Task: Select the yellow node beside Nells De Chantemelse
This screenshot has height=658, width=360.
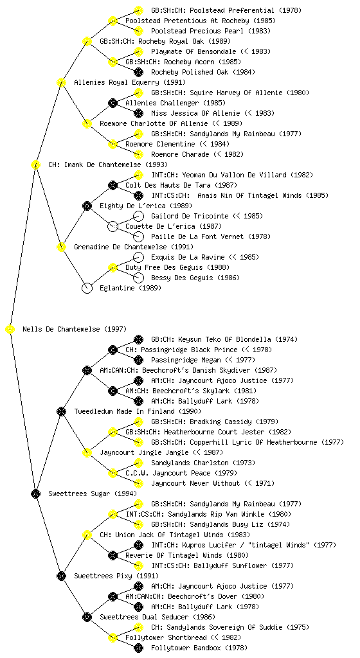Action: point(10,330)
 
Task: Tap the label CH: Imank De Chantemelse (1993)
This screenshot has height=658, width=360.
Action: point(108,164)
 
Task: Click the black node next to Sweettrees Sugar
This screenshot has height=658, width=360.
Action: point(35,494)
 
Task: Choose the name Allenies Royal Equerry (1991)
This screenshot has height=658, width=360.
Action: point(130,82)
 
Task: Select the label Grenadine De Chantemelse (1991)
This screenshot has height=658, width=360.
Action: point(134,247)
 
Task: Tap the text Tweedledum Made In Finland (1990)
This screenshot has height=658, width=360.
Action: point(137,411)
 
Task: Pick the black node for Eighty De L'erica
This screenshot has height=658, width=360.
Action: point(87,206)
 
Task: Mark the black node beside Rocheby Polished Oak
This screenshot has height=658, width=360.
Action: point(138,72)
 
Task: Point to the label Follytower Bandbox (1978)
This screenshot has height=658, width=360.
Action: point(199,648)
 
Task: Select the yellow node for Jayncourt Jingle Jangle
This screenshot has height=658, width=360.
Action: point(87,453)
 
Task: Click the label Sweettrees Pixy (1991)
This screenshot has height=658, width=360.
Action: point(116,576)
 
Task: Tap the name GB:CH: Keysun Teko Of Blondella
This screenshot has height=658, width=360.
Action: point(211,339)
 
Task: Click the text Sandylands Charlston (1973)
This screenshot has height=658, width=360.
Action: point(203,463)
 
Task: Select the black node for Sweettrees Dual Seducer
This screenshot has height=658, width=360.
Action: point(87,618)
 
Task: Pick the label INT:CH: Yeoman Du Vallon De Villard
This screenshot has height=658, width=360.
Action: point(219,175)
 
